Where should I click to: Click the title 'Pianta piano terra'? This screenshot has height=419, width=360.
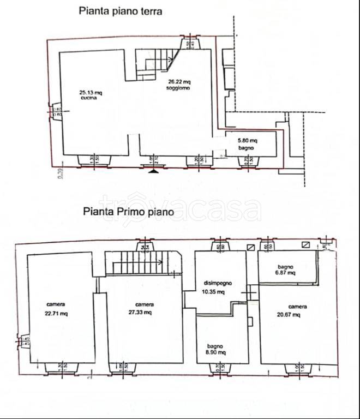click(x=120, y=11)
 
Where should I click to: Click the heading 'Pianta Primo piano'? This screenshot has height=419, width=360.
click(x=128, y=212)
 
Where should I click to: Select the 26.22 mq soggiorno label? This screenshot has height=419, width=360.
click(x=179, y=85)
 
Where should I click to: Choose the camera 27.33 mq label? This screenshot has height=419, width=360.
click(x=144, y=309)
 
